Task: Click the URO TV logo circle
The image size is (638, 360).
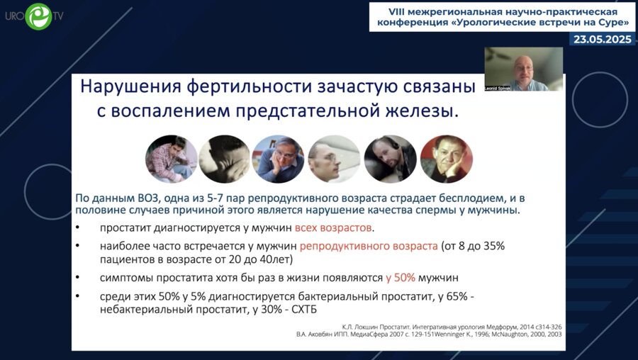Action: pyautogui.click(x=38, y=16)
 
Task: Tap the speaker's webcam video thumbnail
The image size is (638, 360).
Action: pyautogui.click(x=523, y=69)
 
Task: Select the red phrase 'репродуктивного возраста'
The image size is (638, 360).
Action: pyautogui.click(x=368, y=247)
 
